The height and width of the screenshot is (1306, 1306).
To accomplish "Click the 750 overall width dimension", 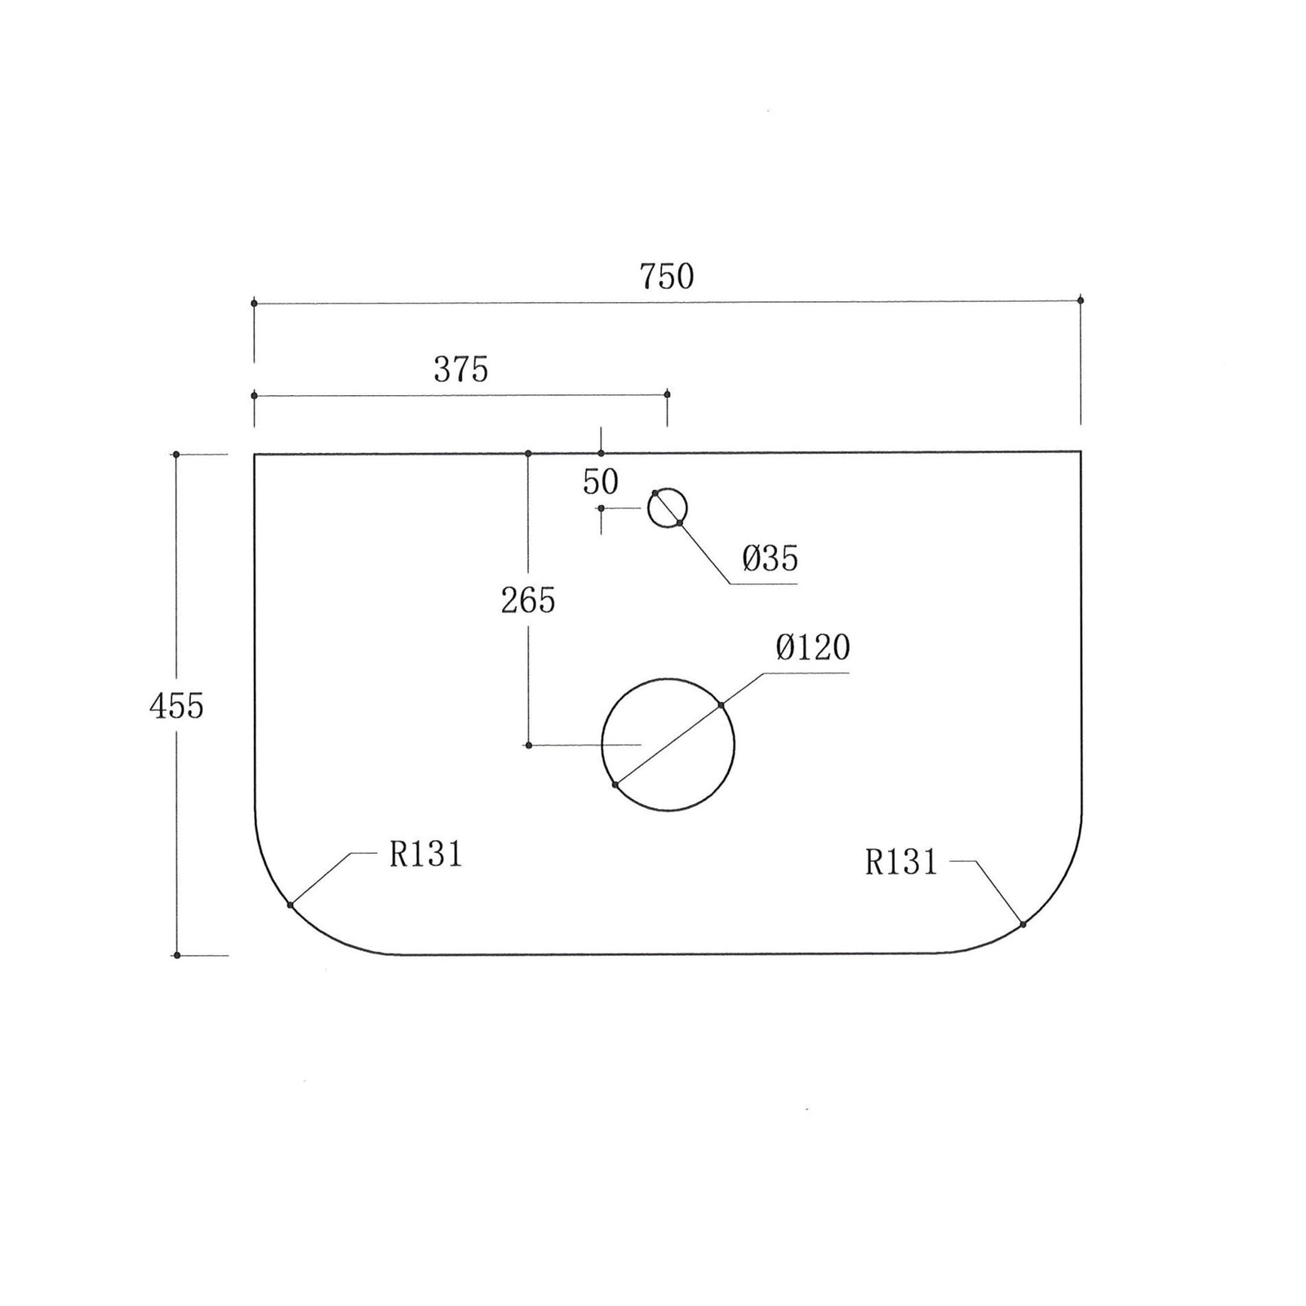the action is (x=667, y=277).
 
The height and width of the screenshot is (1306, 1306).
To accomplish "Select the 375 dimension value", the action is (x=461, y=370).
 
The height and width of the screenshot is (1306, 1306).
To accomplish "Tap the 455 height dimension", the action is (x=176, y=705).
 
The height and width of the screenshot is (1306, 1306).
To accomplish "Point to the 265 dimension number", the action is (x=528, y=601).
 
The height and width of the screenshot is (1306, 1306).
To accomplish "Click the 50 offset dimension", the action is (x=601, y=482).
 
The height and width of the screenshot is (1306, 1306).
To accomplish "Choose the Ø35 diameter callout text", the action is (x=771, y=559).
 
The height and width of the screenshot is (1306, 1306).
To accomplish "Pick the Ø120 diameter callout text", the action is (x=813, y=648).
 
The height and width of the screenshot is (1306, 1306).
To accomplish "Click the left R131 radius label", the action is (x=426, y=855).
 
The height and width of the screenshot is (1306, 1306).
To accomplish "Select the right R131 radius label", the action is (x=902, y=862).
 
